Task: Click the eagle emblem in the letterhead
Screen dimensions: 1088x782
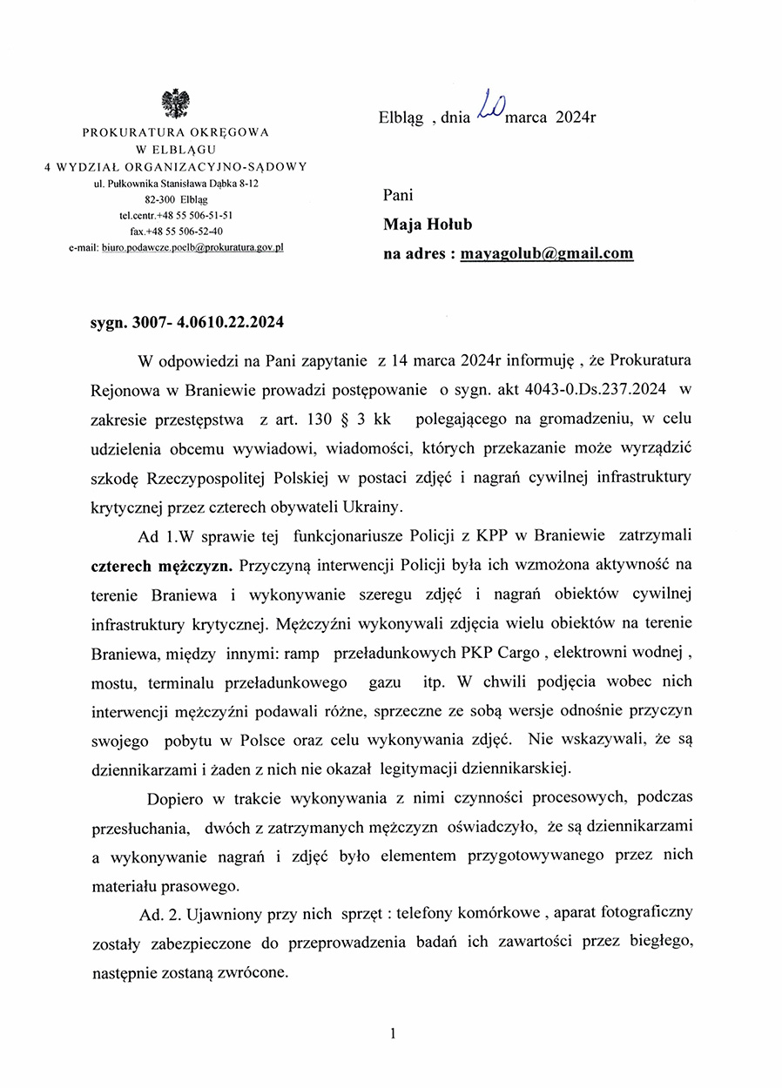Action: point(176,104)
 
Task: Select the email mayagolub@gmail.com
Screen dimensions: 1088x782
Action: point(547,254)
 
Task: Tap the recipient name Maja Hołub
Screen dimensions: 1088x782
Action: point(428,225)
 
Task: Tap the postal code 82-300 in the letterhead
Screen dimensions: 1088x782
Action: point(162,199)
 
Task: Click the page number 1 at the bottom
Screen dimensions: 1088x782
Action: point(394,1033)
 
